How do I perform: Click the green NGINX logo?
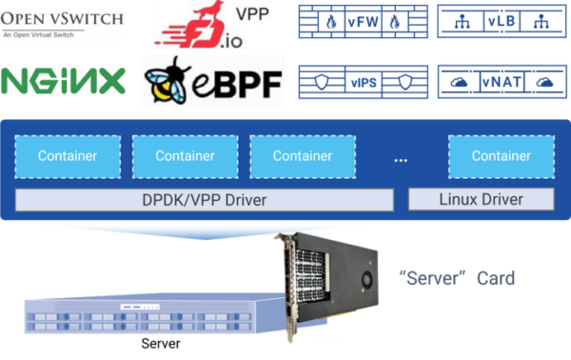tap(64, 83)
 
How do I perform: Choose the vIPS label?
tap(363, 82)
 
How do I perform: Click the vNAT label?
tap(502, 83)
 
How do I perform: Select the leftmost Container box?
tap(67, 155)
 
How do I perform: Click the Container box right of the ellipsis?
tap(501, 155)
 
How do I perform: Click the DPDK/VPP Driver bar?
tap(205, 199)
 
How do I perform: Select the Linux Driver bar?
tap(481, 199)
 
